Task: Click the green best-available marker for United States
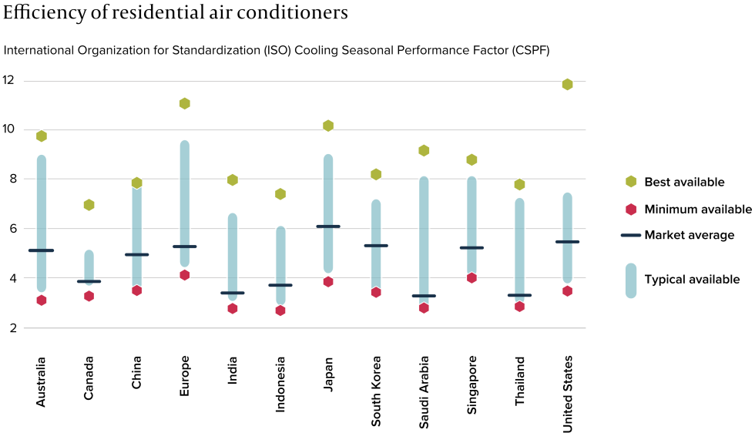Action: (567, 84)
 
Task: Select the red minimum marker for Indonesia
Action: (280, 310)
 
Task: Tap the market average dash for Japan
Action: (328, 227)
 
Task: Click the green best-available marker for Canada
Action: (89, 205)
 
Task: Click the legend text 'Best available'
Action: (684, 182)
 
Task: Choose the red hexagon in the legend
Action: (631, 209)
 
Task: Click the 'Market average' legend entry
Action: (689, 235)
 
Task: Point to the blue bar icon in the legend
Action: (631, 280)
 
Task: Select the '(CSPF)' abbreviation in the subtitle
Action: (529, 50)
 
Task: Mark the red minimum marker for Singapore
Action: (471, 277)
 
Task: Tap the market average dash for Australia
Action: (41, 250)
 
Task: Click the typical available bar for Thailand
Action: (519, 239)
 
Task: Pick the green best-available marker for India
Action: (233, 180)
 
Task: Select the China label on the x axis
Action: (136, 372)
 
